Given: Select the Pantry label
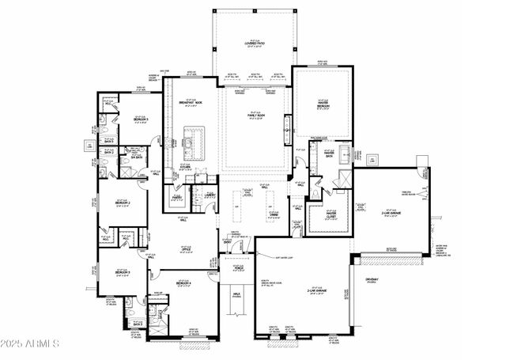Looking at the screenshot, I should [x=178, y=198].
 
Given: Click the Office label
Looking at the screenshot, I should [x=186, y=250].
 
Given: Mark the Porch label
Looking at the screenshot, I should [x=238, y=267].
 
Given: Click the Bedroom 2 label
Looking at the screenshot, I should [x=122, y=203].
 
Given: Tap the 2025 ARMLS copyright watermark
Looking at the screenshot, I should [x=31, y=344].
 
